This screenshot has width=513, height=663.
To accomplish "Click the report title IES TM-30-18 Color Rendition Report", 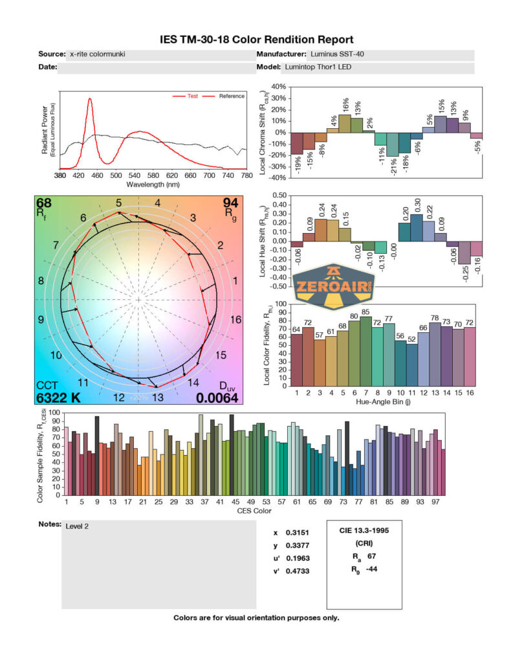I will [x=256, y=39].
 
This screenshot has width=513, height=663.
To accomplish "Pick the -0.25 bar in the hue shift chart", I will [x=464, y=253].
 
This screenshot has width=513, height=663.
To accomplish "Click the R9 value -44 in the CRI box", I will [x=372, y=570].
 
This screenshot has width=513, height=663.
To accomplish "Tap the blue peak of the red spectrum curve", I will [x=90, y=99].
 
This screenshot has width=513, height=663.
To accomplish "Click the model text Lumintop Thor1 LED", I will [x=317, y=67].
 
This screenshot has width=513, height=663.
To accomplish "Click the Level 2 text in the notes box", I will [x=77, y=526].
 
